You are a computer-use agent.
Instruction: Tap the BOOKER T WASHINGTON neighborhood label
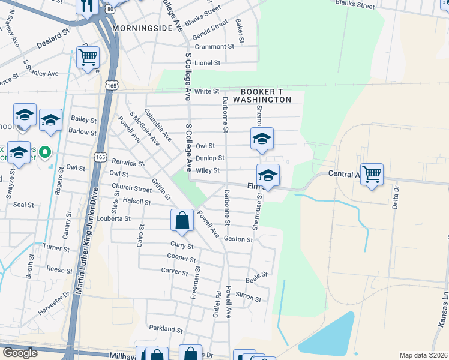(262, 95)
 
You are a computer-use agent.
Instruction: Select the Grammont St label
(214, 46)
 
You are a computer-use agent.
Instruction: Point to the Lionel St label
(208, 62)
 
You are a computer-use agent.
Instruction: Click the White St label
(206, 91)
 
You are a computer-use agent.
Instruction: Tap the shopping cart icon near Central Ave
(372, 175)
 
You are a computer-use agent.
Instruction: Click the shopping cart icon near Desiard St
(88, 58)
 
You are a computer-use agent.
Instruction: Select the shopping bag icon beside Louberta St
(182, 220)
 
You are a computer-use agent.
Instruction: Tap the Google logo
(19, 352)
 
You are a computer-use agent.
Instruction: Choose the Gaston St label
(238, 239)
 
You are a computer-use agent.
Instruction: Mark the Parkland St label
(166, 329)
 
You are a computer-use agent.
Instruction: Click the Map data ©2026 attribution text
(424, 355)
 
